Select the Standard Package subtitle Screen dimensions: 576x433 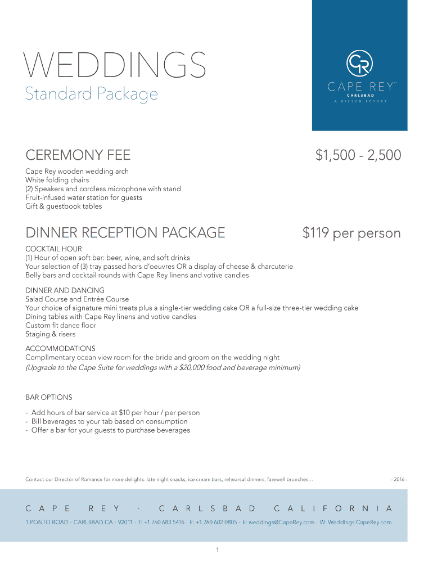tap(91, 94)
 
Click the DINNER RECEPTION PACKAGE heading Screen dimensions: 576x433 tap(125, 233)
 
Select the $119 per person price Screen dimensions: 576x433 tap(351, 233)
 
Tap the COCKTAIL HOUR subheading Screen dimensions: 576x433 tap(53, 249)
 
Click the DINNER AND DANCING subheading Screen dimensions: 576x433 tap(65, 290)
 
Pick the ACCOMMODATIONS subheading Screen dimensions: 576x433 tap(60, 349)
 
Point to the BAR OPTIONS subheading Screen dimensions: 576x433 tap(49, 397)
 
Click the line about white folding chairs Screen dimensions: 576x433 tap(57, 181)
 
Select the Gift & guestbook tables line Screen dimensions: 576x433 tap(64, 206)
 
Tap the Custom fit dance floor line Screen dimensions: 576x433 tap(61, 325)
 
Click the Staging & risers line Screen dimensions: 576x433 tap(50, 334)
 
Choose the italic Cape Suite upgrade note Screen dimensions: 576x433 tap(163, 367)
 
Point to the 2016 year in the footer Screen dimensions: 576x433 tap(399, 480)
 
